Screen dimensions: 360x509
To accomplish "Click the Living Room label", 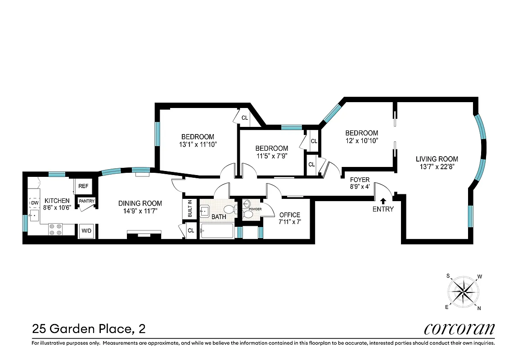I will tap(437, 159).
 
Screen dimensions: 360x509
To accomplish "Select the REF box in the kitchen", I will tap(83, 186).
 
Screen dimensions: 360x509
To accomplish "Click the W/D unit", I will tap(86, 231).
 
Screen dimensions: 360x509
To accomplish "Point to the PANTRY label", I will tap(86, 201).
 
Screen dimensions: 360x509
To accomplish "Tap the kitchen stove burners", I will tap(55, 229).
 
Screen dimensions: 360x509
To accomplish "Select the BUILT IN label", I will tap(189, 209).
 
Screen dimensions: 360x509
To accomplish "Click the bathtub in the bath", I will tap(217, 231).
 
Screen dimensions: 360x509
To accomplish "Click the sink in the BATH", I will tap(205, 210).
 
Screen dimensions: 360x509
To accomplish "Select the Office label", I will tap(289, 215).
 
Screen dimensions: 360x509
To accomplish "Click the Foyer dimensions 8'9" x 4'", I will tap(360, 186).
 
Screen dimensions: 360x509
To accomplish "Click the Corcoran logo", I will tap(459, 328).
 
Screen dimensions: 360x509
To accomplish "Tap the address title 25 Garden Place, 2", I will tap(89, 329).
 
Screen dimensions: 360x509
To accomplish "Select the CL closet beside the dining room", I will tap(191, 231).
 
